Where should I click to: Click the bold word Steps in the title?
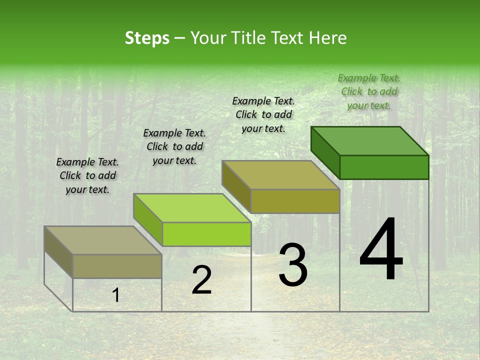coord(147,38)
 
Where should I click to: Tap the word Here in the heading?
coord(328,38)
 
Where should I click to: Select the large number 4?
coord(381,249)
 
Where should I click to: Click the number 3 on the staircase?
coord(293,265)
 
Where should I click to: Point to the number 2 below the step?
coord(201,280)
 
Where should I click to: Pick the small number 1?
coord(115,295)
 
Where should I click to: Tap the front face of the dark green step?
coord(384,167)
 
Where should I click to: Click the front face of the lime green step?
coord(206,234)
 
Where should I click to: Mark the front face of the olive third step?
coord(295,201)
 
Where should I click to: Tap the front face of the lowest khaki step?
coord(117,266)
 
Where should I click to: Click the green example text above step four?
coord(369,91)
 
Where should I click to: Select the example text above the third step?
coord(263,114)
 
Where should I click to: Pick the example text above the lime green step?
coord(174,146)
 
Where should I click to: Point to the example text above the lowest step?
coord(87,175)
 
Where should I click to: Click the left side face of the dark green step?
coord(325,152)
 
